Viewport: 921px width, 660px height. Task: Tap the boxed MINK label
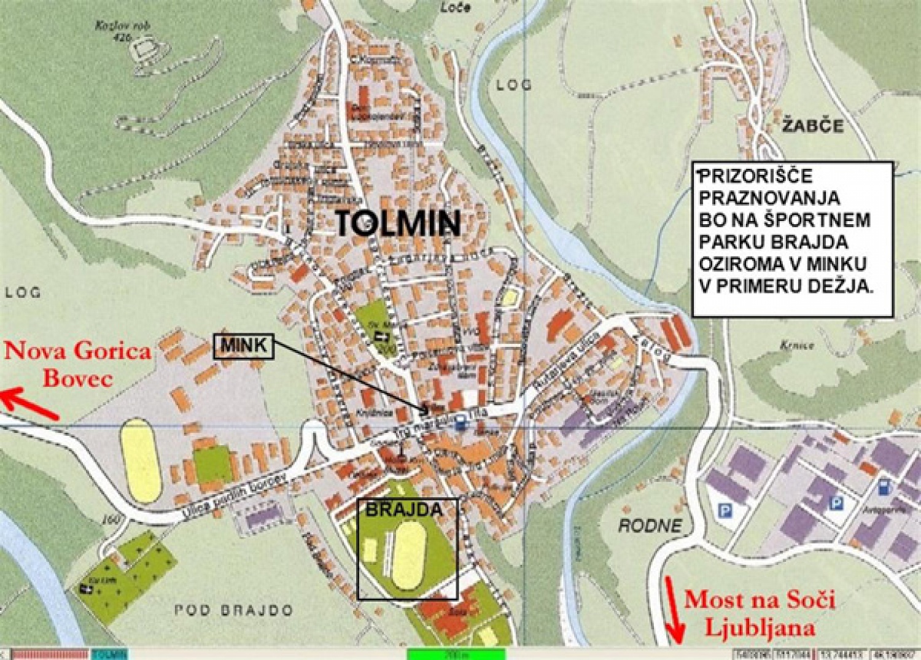[x=244, y=346]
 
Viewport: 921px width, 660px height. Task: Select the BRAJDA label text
[x=403, y=509]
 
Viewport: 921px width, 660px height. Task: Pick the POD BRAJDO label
[x=234, y=610]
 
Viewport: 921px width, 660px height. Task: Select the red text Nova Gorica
[x=78, y=351]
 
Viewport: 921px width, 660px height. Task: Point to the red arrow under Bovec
[x=29, y=405]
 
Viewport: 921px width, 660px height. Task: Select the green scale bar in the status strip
[x=456, y=654]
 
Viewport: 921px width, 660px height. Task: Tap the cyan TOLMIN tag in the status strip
[x=111, y=654]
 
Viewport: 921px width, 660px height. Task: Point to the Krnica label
[x=797, y=346]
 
